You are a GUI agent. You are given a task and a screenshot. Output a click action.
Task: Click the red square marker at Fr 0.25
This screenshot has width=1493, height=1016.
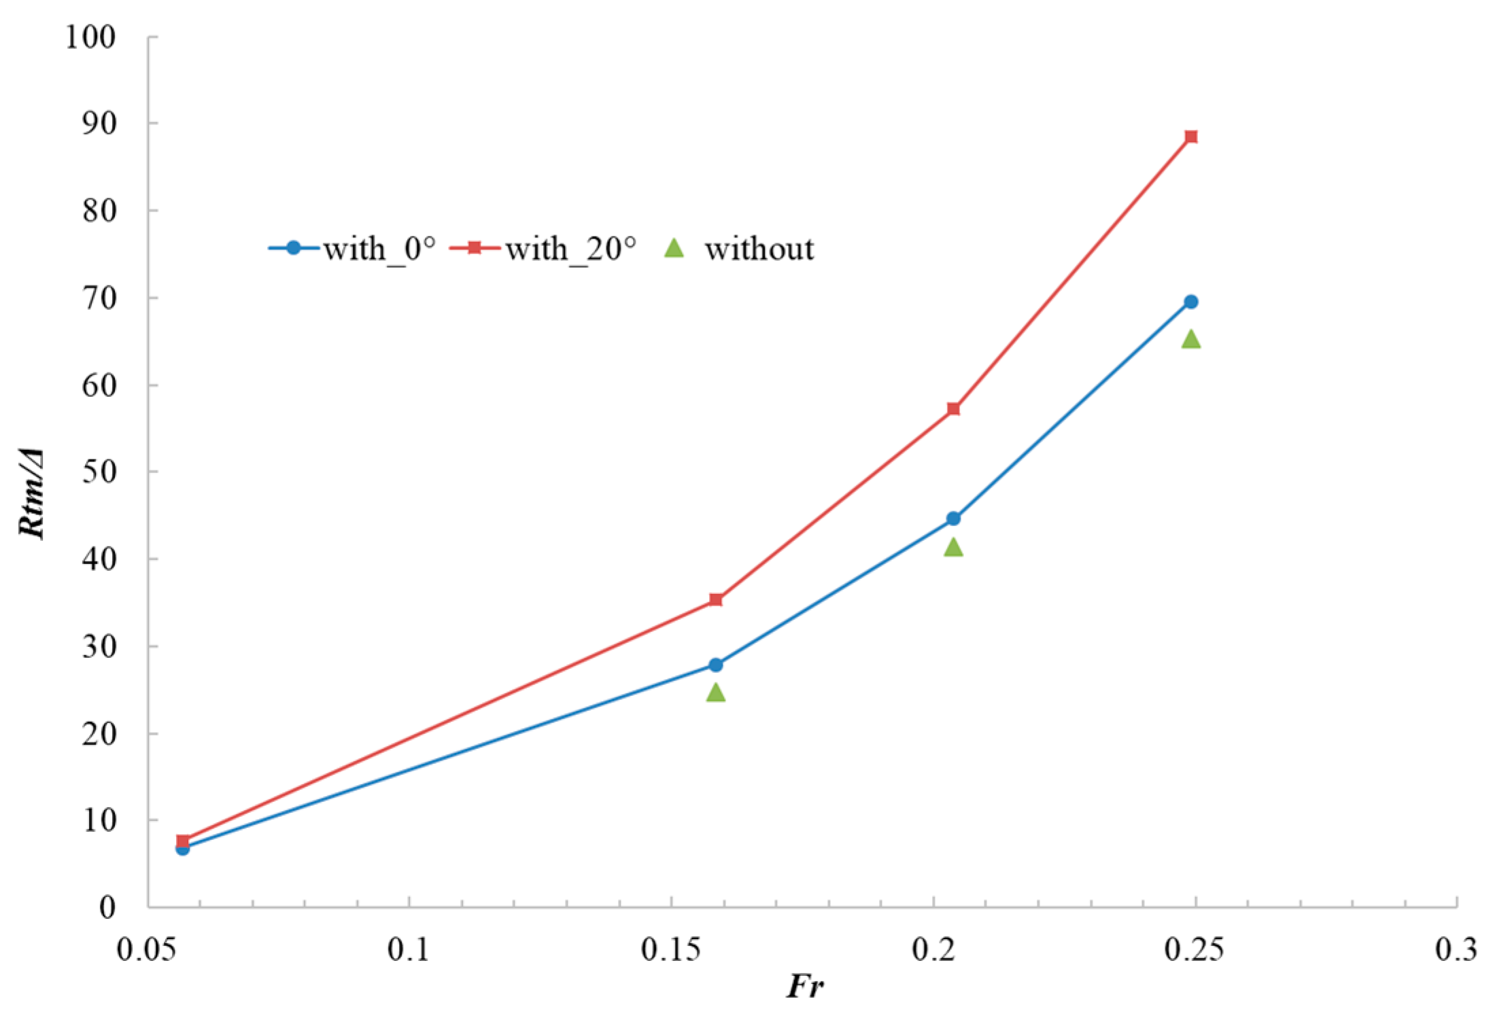point(1190,137)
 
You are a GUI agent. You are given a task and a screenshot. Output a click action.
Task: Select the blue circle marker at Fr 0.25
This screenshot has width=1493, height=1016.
point(1190,302)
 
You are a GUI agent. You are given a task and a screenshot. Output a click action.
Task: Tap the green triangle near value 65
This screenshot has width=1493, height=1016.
point(1190,339)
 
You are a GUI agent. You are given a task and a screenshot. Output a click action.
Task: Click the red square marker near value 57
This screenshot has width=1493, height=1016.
point(953,408)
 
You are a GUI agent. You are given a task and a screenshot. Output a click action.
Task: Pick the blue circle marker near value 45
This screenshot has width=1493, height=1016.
point(953,519)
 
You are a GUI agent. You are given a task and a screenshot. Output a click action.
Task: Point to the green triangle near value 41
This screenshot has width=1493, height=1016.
point(953,547)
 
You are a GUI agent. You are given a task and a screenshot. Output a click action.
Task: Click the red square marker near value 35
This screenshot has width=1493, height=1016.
point(715,599)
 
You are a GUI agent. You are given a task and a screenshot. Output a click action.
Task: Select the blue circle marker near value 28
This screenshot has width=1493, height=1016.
point(715,665)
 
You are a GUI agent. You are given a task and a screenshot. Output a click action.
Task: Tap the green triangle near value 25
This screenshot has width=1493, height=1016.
point(715,693)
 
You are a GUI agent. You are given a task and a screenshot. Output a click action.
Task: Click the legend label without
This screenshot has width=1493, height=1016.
point(758,249)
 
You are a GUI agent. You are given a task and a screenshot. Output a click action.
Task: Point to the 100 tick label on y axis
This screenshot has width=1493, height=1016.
point(90,37)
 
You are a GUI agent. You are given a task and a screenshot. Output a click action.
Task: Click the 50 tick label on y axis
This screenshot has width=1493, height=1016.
point(99,471)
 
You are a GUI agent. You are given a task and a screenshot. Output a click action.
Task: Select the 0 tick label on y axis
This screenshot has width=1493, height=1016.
point(107,907)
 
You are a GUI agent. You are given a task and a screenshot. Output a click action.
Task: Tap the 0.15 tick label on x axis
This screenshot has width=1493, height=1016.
point(670,949)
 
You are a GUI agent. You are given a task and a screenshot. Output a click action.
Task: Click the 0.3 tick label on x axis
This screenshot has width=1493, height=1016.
point(1456,949)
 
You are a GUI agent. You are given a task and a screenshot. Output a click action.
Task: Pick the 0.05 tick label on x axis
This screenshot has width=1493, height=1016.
point(147,949)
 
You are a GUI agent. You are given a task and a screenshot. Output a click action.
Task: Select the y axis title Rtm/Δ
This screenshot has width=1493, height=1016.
point(32,494)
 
